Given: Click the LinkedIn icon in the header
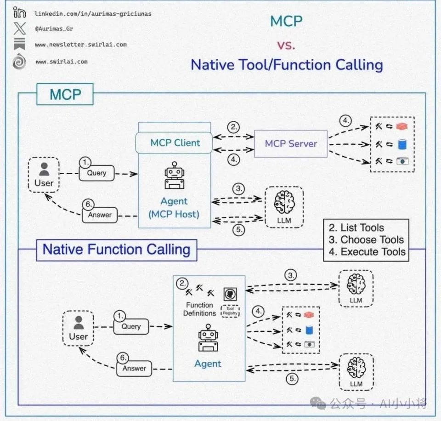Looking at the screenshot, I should click(x=19, y=13).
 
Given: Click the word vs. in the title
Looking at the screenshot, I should click(x=286, y=45).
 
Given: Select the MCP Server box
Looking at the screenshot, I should click(x=291, y=143).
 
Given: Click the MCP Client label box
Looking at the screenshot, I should click(x=175, y=142).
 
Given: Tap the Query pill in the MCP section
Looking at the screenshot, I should click(x=96, y=173).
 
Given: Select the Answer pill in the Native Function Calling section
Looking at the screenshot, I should click(x=134, y=368).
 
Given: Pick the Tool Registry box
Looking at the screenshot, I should click(x=230, y=311).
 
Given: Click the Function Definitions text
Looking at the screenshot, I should click(x=199, y=309).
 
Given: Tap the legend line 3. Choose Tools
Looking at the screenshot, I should click(x=366, y=239).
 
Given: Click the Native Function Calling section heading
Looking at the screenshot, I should click(x=116, y=250).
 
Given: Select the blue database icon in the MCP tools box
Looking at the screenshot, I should click(x=402, y=144).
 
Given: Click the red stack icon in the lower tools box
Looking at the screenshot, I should click(x=308, y=315).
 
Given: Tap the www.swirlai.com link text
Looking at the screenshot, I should click(x=62, y=62).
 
